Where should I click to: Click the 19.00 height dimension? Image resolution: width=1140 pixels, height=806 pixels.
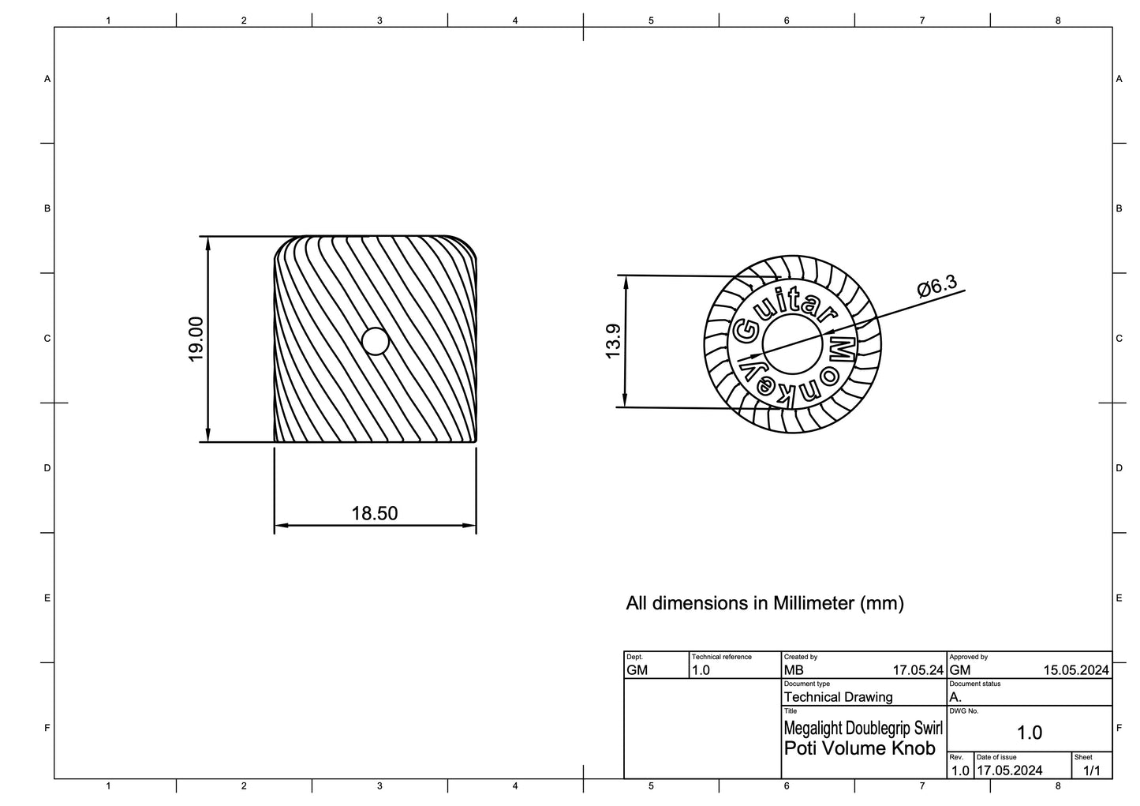click(x=196, y=339)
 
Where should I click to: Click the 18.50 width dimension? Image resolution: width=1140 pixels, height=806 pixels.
click(x=375, y=513)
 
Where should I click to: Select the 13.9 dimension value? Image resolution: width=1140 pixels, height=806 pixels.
click(x=613, y=341)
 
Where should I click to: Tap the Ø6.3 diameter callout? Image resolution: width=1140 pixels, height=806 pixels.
click(x=937, y=286)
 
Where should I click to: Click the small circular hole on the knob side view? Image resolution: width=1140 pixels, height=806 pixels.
click(x=376, y=342)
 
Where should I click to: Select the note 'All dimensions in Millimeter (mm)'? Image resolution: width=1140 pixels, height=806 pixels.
click(x=764, y=603)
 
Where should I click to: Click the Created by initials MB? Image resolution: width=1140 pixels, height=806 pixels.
click(x=794, y=670)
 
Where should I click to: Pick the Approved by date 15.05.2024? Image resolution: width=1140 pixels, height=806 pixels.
click(x=1075, y=670)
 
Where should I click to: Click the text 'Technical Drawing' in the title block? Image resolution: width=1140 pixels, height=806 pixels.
click(x=838, y=697)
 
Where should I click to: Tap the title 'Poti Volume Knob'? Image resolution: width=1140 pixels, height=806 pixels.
click(x=859, y=748)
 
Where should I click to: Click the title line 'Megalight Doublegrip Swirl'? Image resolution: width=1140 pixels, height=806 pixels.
click(x=862, y=727)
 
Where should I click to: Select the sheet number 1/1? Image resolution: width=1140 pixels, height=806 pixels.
click(x=1091, y=770)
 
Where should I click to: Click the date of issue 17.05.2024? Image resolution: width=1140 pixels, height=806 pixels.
click(x=1009, y=770)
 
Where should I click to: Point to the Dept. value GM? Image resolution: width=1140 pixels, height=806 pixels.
click(x=637, y=670)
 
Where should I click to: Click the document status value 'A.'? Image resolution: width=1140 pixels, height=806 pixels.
click(x=955, y=697)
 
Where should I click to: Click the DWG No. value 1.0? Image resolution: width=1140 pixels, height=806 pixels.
click(x=1030, y=733)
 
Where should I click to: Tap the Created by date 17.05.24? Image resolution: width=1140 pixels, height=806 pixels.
click(x=918, y=670)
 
